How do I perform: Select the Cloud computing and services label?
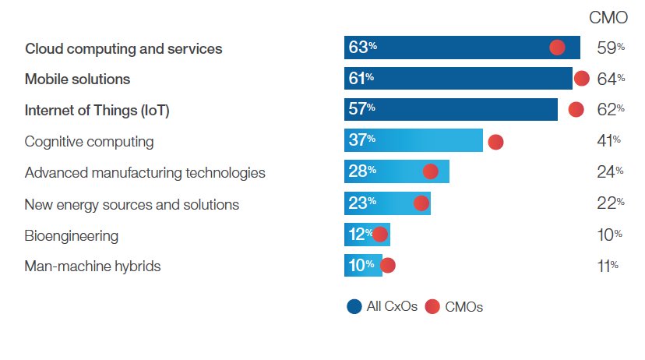coord(123,48)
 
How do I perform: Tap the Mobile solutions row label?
coord(77,79)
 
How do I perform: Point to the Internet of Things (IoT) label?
coord(97,111)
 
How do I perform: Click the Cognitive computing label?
coord(89,142)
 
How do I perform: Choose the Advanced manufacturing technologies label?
coord(145,173)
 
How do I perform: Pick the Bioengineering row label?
coord(72,235)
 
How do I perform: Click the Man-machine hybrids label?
coord(93,266)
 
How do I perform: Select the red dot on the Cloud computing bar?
coord(557,48)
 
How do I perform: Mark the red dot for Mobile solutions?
coord(581,78)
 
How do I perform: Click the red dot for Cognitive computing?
coord(495,142)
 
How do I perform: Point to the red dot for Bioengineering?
coord(380,235)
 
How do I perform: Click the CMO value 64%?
coord(610,79)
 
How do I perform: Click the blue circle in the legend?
coord(354,306)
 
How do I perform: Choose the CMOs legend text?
coord(464,307)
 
